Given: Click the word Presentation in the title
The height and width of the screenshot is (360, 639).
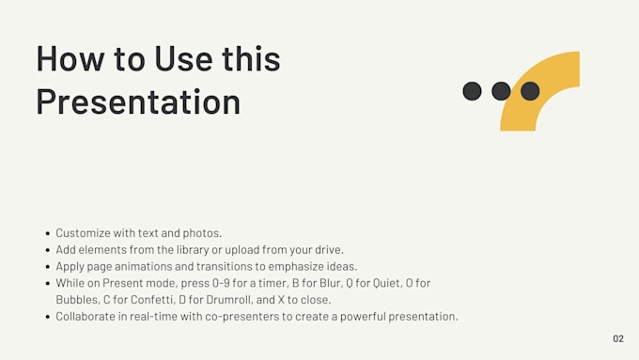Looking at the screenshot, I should pos(138,102).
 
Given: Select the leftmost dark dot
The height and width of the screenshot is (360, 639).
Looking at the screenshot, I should pos(473,91).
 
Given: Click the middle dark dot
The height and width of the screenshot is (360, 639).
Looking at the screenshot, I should pos(501,91).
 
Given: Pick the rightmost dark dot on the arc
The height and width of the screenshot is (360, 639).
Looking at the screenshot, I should pos(530,91).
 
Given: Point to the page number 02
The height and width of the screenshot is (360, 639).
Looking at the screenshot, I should pos(617,338).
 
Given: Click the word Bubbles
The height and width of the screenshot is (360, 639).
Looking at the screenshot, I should pos(75,299).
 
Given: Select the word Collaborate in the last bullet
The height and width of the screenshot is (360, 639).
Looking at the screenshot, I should pos(86,316).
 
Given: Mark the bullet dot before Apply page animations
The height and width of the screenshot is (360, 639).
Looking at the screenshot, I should pos(47,266).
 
